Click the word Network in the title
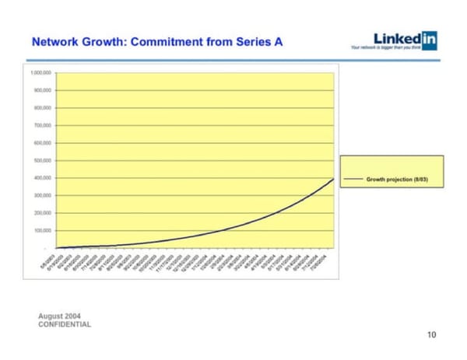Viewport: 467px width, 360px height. (x=54, y=41)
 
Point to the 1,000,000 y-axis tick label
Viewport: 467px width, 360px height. (x=41, y=72)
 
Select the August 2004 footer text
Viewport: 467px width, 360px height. (x=59, y=316)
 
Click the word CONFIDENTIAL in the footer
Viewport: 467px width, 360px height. (x=65, y=323)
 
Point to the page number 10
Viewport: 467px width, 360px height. (x=432, y=335)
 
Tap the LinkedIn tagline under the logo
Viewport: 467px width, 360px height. (x=398, y=49)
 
